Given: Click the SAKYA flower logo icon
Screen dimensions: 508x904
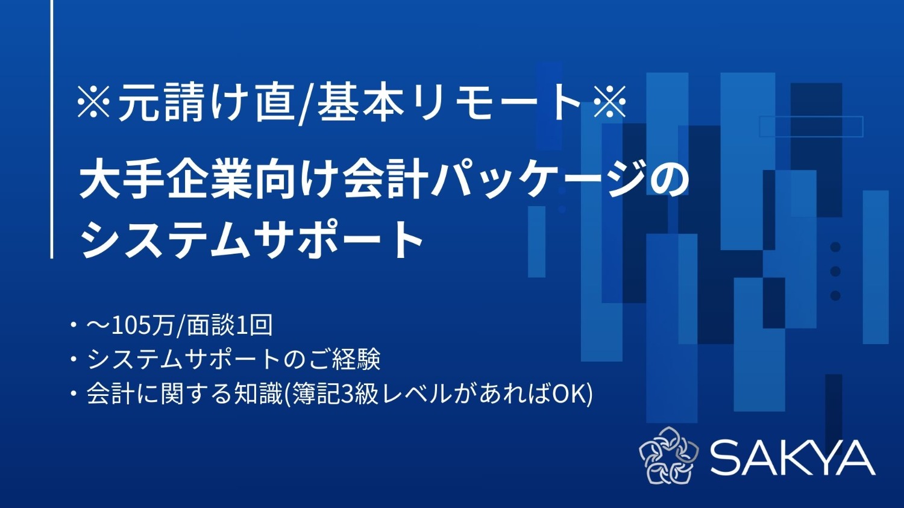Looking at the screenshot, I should click(668, 456).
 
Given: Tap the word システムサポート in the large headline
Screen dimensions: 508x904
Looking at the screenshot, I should click(253, 239).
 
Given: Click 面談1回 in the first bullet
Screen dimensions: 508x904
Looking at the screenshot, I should click(230, 325).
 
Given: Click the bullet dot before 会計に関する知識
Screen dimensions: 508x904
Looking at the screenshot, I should click(74, 394).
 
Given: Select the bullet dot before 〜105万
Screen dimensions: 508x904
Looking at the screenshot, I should click(74, 325).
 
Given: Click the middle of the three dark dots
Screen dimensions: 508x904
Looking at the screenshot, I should click(835, 271).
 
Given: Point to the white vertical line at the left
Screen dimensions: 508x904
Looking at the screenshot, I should click(52, 130).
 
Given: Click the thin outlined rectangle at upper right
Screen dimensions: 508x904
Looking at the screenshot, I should click(811, 127).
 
